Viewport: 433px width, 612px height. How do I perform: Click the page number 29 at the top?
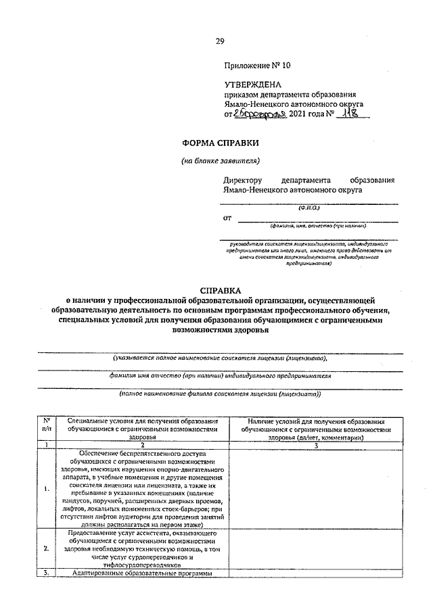click(x=220, y=42)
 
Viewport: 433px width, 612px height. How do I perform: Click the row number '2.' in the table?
click(x=45, y=548)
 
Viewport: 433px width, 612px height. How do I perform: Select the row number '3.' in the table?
click(x=45, y=573)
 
